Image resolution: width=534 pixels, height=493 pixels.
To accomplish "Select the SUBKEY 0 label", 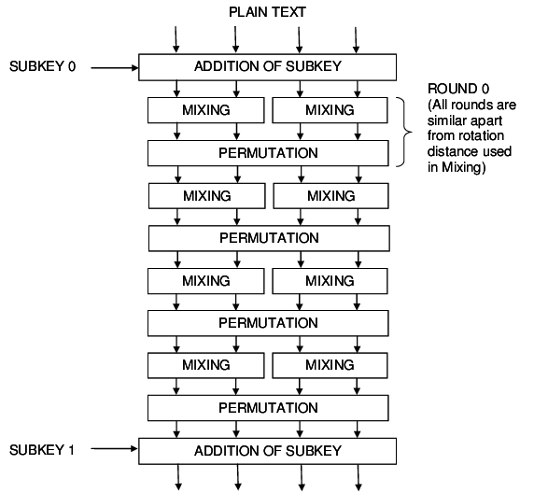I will (43, 67).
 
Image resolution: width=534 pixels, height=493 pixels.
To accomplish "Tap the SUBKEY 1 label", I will (43, 450).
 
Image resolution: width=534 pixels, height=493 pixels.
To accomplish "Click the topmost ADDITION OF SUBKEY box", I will (268, 66).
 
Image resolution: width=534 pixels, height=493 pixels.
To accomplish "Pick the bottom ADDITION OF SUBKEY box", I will (268, 451).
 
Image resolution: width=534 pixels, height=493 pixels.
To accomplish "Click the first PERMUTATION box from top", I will (268, 152).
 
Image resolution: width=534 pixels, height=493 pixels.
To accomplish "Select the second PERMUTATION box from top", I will (269, 238).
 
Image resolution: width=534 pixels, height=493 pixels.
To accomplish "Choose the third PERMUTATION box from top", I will (268, 323).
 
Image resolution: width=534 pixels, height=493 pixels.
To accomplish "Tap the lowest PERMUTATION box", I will (268, 408).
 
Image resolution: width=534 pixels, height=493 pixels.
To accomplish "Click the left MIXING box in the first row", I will (206, 110).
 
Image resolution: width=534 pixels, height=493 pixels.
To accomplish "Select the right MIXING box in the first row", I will (330, 110).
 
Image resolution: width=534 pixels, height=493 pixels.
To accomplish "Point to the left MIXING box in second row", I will (206, 196).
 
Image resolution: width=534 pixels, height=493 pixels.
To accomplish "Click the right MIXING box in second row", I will (330, 196).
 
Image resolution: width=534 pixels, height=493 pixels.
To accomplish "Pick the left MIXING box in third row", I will (206, 281).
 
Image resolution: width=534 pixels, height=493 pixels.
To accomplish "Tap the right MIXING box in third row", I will (330, 281).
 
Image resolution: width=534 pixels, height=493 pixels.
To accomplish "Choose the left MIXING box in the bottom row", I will (206, 365).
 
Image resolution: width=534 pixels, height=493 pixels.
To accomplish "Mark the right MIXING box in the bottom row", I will (330, 365).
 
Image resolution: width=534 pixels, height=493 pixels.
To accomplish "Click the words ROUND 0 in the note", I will (458, 89).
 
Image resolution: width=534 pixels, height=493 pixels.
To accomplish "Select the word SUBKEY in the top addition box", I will (313, 66).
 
